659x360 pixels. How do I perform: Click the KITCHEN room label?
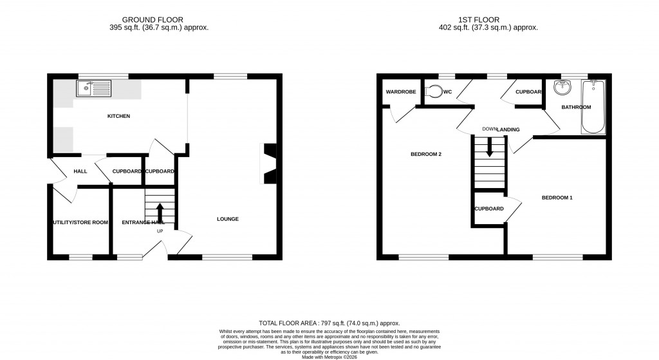coord(118,117)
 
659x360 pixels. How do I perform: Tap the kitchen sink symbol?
coord(93,88)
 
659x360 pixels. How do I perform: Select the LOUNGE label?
coord(228,219)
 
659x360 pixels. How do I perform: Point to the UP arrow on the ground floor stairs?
coord(160,212)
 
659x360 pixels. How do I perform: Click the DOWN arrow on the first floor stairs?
coord(490,148)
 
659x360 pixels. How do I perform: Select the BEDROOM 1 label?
coord(557,198)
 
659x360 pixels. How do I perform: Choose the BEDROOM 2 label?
coord(426,155)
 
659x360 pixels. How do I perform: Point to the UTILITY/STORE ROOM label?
coord(80,223)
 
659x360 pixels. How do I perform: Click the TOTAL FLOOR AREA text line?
coord(329,323)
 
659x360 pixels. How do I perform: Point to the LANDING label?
coord(508,130)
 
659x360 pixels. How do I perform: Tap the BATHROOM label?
coord(575,107)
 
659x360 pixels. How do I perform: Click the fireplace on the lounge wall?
coord(268,164)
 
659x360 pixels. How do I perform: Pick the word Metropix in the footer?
coord(333,357)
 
